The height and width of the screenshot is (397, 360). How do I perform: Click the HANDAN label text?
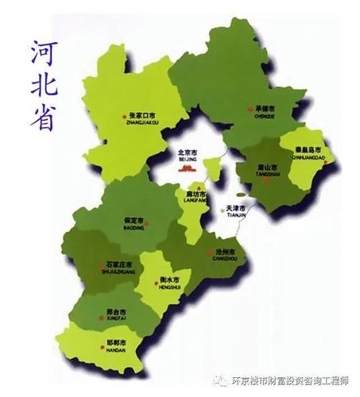coord(115,350)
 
